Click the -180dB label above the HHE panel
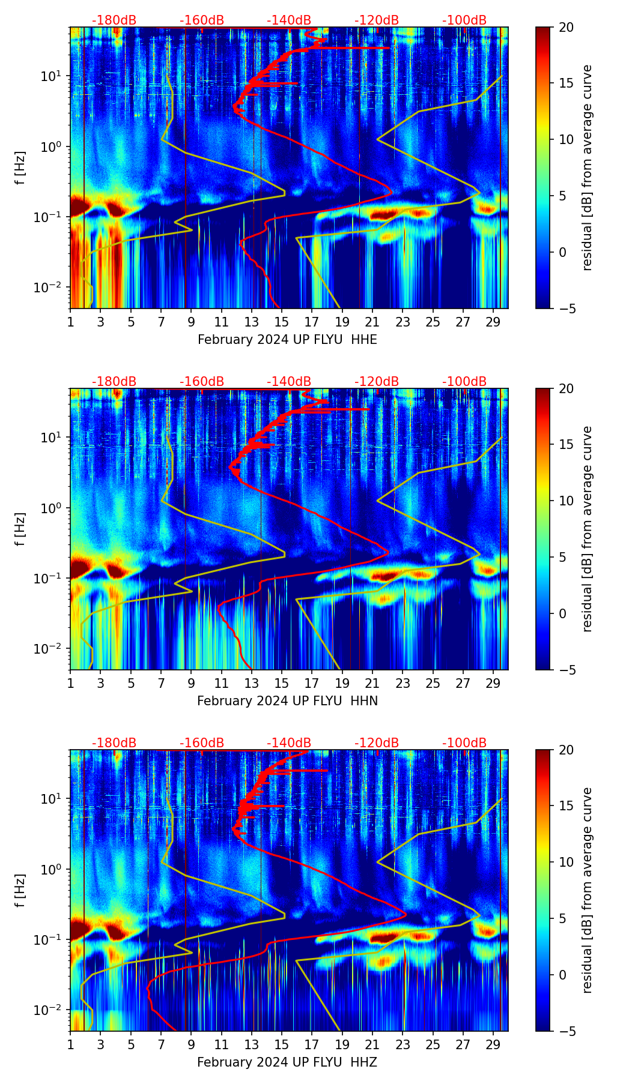tap(114, 20)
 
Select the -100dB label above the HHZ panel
tap(464, 743)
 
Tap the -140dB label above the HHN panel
tap(289, 382)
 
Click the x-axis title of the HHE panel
tap(287, 340)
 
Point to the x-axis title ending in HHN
tap(287, 701)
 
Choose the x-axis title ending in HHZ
tap(287, 1062)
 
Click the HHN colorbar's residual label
tap(587, 529)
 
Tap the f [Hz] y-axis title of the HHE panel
tap(20, 167)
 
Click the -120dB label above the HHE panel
tap(377, 20)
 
